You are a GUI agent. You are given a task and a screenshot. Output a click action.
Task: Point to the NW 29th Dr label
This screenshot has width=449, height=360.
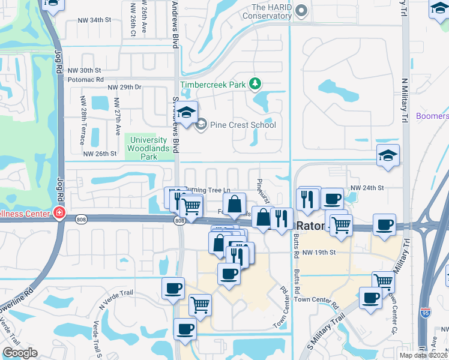coord(124,88)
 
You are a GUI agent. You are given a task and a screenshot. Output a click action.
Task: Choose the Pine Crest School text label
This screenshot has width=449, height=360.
coord(243,125)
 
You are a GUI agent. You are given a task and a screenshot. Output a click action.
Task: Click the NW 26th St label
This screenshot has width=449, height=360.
coord(100,154)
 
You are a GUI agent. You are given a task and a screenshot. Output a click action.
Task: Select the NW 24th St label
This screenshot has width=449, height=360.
coord(367,188)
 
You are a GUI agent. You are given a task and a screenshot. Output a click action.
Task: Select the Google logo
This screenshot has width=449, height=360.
coord(20,352)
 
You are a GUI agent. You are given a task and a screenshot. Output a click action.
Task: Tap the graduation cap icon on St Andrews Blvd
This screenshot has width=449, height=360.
coord(187,112)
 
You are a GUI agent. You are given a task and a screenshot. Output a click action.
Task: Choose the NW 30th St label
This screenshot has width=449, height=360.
coord(84,70)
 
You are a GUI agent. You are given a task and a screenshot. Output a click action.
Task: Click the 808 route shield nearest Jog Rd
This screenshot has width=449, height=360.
coord(80,220)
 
